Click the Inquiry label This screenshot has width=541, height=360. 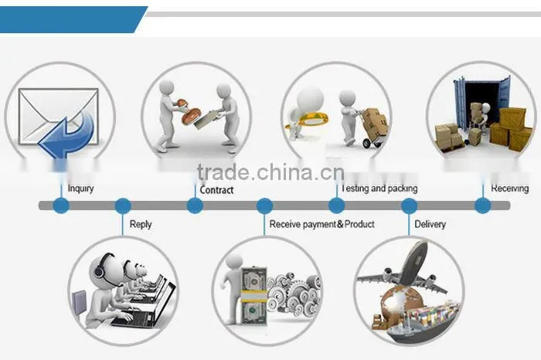pos(80,188)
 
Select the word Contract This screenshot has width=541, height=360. pos(216,190)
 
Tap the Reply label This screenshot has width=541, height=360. pos(141,225)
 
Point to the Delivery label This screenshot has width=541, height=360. pos(430,225)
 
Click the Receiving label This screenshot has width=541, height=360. pos(509,188)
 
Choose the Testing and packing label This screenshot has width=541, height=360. pos(379,188)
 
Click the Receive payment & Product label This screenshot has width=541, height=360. pos(322,225)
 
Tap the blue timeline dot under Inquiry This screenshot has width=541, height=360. pos(61,205)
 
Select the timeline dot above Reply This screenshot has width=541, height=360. pos(123,205)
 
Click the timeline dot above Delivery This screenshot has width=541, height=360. pos(409,205)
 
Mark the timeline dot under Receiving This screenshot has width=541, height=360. pos(483,205)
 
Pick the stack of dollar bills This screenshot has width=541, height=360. pos(254,296)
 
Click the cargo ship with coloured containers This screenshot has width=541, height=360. pos(424,322)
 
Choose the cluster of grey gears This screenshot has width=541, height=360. pos(294,294)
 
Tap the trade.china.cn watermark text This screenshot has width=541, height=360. pos(270,172)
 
